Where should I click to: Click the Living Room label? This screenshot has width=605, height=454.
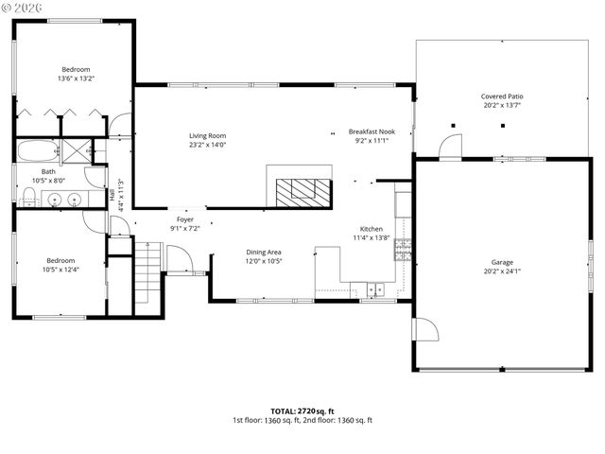click(207, 136)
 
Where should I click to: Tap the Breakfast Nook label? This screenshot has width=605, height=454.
click(372, 131)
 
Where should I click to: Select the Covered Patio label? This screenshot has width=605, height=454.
click(502, 96)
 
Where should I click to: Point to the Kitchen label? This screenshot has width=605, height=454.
click(371, 229)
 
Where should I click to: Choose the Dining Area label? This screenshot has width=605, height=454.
click(264, 252)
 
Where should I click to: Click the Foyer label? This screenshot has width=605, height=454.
click(184, 219)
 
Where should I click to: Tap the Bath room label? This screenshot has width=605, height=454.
click(48, 171)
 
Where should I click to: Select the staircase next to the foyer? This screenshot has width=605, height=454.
click(147, 269)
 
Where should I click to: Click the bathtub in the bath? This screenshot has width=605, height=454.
click(36, 151)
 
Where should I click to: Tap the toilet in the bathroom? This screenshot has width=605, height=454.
click(29, 196)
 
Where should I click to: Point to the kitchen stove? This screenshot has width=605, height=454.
click(403, 249)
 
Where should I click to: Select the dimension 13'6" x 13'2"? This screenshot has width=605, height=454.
click(76, 79)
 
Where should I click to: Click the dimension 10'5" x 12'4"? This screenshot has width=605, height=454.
click(60, 270)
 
